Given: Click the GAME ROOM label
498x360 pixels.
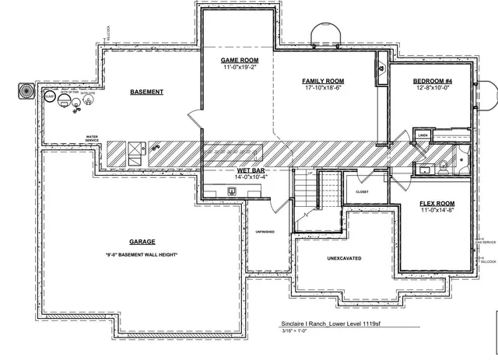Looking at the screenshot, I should pos(240,61).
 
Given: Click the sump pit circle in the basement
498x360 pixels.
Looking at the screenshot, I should pos(50,98).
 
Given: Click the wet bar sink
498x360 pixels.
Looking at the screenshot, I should pos(232,190).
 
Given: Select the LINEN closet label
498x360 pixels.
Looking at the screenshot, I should pos(423,135).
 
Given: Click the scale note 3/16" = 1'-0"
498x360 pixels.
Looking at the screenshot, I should pos(296,332).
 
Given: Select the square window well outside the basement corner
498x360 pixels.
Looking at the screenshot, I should pos(24,90).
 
